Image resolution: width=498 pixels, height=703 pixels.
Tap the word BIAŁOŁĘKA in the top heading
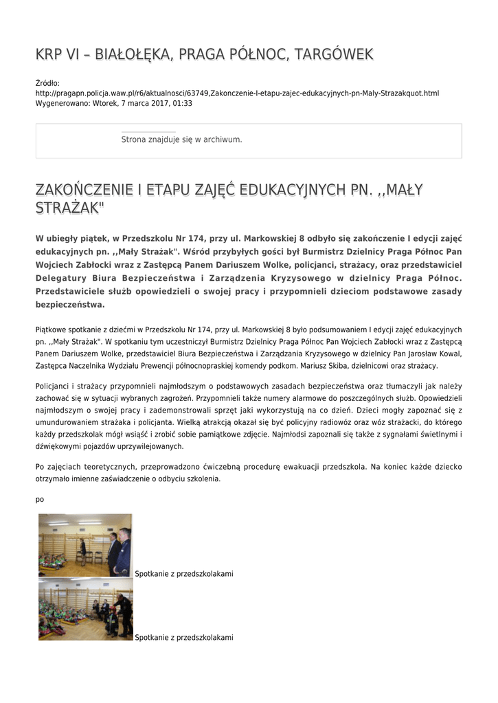pyautogui.click(x=130, y=54)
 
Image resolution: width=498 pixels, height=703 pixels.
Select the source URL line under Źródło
pyautogui.click(x=237, y=93)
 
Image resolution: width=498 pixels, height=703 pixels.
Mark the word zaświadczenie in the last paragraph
pyautogui.click(x=129, y=479)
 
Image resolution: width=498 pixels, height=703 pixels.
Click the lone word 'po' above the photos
pyautogui.click(x=40, y=499)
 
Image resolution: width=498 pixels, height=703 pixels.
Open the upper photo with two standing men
pyautogui.click(x=85, y=545)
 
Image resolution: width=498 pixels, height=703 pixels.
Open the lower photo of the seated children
pyautogui.click(x=85, y=609)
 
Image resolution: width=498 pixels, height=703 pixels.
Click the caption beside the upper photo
pyautogui.click(x=184, y=573)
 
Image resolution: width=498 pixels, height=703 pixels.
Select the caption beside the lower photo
pyautogui.click(x=184, y=637)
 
